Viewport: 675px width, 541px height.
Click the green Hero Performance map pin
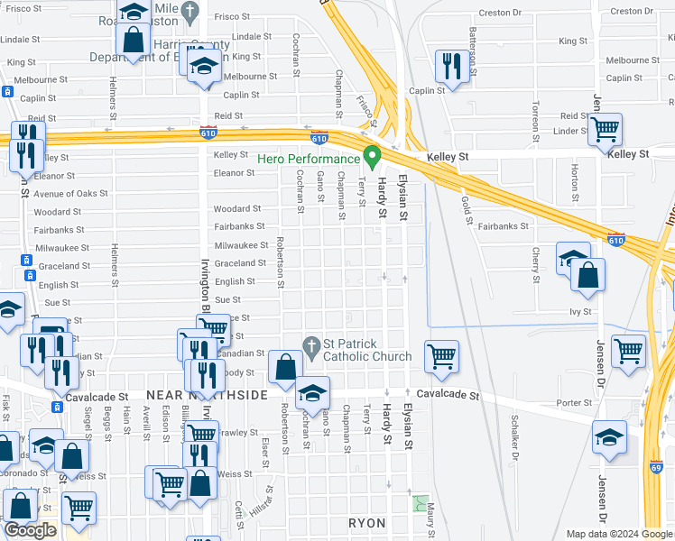(370, 156)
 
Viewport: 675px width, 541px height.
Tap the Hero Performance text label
(308, 159)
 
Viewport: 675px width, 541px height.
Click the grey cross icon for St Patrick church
(311, 344)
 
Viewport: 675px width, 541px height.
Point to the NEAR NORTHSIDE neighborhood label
(207, 396)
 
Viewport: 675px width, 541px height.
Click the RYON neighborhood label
(367, 523)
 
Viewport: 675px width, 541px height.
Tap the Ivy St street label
(579, 312)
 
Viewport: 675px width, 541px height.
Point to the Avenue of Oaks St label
(70, 194)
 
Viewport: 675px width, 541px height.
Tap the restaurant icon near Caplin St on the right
(449, 65)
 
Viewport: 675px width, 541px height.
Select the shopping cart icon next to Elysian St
(441, 355)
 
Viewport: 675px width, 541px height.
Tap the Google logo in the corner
(31, 531)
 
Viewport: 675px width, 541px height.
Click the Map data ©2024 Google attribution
(618, 534)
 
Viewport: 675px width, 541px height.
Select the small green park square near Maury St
(418, 501)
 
